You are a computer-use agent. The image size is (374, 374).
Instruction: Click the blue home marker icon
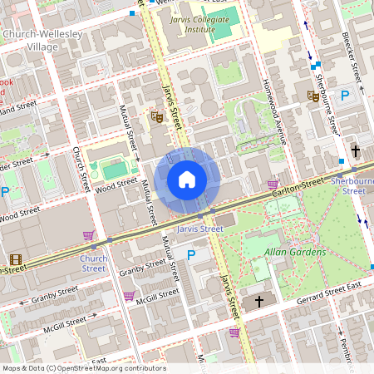pos(187,179)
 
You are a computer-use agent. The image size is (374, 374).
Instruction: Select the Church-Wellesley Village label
pos(32,40)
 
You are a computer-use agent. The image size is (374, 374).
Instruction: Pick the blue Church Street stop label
pos(93,263)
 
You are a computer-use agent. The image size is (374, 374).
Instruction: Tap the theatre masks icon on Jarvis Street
pos(155,117)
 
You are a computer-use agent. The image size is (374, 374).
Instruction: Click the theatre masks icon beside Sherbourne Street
pos(313,96)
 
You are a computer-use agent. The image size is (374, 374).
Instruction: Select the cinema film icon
pos(16,260)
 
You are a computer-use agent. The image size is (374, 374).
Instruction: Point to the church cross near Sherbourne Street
pos(356,150)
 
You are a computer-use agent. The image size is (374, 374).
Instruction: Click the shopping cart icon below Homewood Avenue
pos(272,184)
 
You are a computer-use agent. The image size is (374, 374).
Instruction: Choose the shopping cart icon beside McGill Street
pos(129,296)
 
